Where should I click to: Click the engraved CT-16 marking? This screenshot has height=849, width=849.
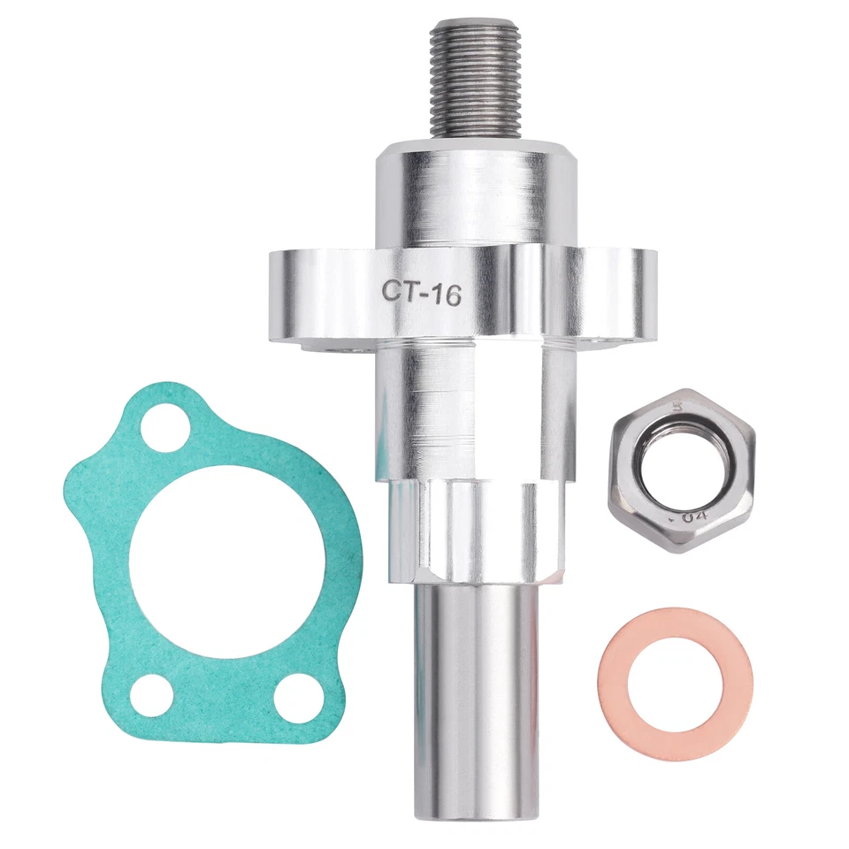pos(421,293)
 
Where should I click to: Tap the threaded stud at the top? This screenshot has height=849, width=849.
pos(478,80)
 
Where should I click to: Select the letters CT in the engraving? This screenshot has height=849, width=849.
pos(396,291)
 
